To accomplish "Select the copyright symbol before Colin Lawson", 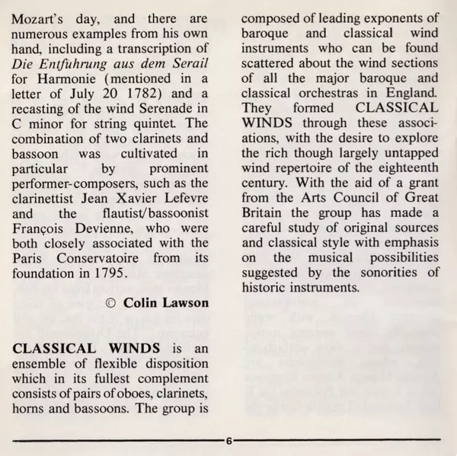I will [x=110, y=304].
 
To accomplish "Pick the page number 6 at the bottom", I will [x=228, y=442].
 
